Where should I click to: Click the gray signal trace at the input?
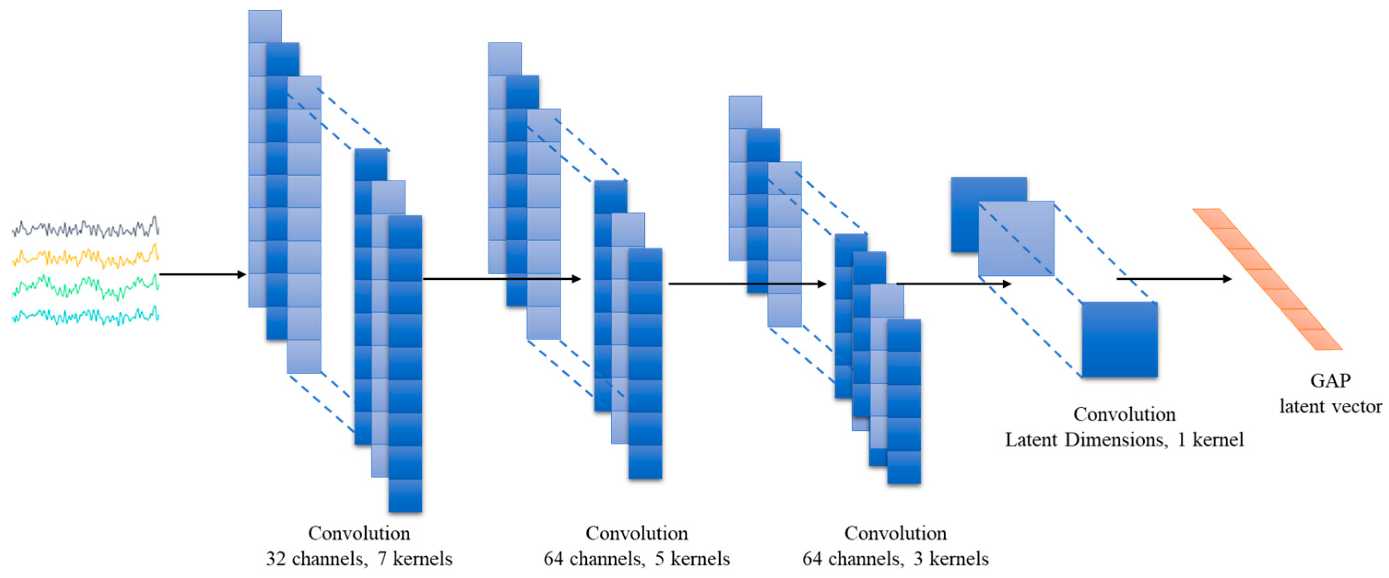pos(85,229)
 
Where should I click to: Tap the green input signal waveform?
pos(85,287)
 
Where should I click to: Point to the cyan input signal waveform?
pos(85,316)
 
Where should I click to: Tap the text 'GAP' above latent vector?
pos(1330,381)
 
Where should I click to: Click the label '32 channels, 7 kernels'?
pos(359,559)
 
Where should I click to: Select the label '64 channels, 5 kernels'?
pos(636,559)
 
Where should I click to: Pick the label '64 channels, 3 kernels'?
pos(895,559)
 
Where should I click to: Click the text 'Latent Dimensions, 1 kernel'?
pos(1124,440)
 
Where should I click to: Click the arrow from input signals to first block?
pos(202,275)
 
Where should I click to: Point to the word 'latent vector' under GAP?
pos(1330,407)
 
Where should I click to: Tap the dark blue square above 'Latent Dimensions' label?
pos(1119,339)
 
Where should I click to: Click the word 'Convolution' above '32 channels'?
pos(359,533)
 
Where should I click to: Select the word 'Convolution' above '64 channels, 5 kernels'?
pos(636,533)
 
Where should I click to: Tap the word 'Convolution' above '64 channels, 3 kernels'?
pos(895,533)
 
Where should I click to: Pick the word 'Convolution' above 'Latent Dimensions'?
pos(1124,414)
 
